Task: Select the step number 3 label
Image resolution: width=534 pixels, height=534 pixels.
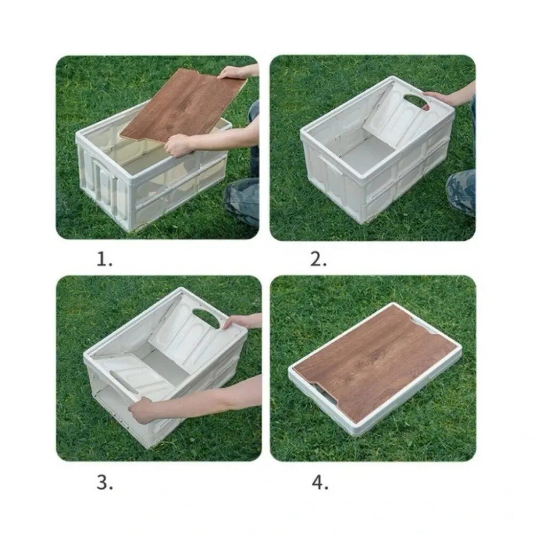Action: point(105,483)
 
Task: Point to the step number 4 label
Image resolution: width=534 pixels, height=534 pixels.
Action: point(319,483)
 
